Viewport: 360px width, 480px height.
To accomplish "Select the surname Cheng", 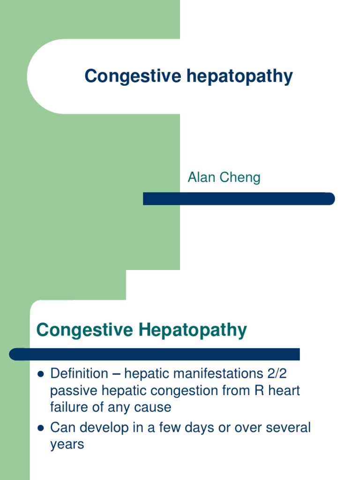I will click(241, 178).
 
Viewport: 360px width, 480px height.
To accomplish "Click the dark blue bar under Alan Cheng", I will click(239, 199).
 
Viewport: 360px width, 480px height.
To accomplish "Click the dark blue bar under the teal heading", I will click(155, 354).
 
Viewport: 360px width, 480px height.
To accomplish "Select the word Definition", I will click(79, 374).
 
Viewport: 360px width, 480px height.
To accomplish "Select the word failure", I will click(68, 407).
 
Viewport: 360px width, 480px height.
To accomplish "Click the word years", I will click(67, 444).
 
